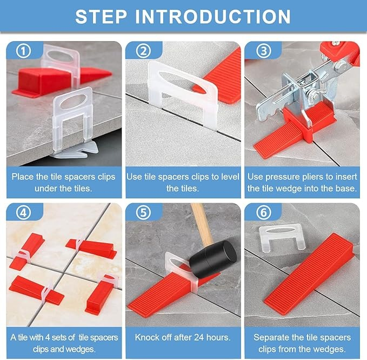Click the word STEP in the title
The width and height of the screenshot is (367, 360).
(x=101, y=17)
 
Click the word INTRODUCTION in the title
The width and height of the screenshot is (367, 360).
(x=213, y=17)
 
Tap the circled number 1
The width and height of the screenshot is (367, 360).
(x=23, y=51)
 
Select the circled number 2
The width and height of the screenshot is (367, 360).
(x=143, y=51)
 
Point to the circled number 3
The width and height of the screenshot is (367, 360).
(x=264, y=51)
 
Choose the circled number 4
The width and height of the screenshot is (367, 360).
(x=23, y=212)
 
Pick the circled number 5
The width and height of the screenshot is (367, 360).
(x=143, y=212)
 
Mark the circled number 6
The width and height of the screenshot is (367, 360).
(x=264, y=212)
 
